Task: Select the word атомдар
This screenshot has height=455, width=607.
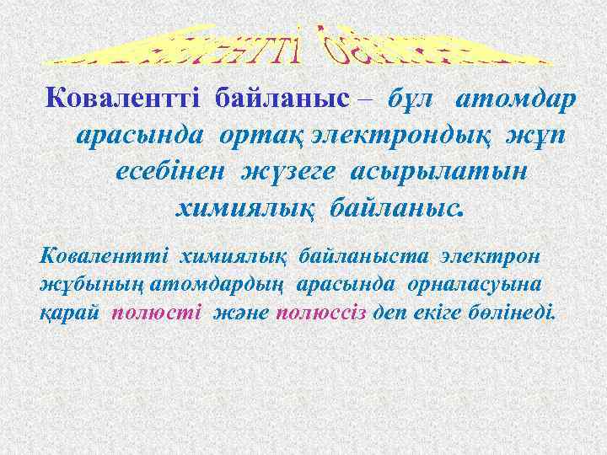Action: point(516,100)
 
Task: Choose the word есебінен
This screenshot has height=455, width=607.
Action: point(171,170)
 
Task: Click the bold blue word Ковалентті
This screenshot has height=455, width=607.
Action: point(125,100)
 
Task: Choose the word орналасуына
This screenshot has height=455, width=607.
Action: point(496,283)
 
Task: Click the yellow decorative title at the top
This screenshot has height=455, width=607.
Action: point(304,45)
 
